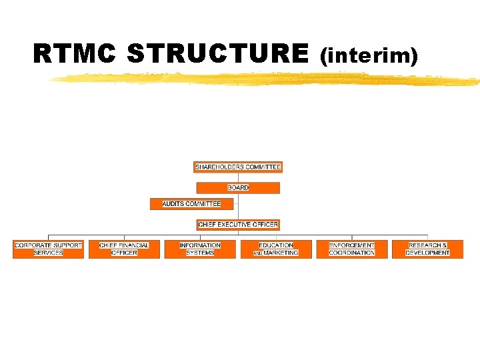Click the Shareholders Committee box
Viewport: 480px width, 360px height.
237,167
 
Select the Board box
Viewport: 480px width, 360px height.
237,188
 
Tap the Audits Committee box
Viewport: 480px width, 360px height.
191,204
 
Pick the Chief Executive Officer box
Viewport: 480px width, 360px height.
237,225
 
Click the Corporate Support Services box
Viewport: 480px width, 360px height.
48,249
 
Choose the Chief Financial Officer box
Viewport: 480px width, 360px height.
124,249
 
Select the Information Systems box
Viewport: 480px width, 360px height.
200,249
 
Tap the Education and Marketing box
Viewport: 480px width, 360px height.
276,249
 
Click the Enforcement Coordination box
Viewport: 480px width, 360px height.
351,249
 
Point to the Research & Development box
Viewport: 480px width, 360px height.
427,249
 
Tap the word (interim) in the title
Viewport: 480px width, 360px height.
369,56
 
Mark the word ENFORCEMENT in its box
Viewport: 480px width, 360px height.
351,245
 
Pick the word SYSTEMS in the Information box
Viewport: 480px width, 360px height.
200,253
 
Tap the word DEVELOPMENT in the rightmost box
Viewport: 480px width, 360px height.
427,253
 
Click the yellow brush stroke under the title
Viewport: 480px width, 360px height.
267,80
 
